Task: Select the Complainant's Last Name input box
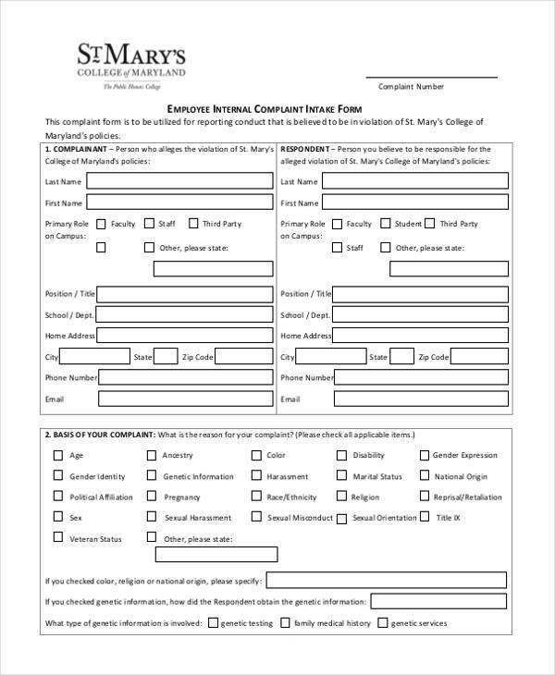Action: tap(179, 181)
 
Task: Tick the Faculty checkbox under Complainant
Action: tap(102, 223)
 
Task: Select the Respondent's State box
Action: tap(401, 356)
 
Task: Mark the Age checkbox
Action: tap(58, 455)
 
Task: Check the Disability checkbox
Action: tap(341, 455)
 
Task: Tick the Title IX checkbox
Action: tap(425, 518)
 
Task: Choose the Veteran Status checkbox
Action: tap(58, 538)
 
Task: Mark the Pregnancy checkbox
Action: tap(152, 497)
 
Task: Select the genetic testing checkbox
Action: tap(214, 623)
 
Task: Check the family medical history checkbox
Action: tap(285, 623)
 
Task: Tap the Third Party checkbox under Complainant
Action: tap(193, 223)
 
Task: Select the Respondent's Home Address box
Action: tap(420, 336)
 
